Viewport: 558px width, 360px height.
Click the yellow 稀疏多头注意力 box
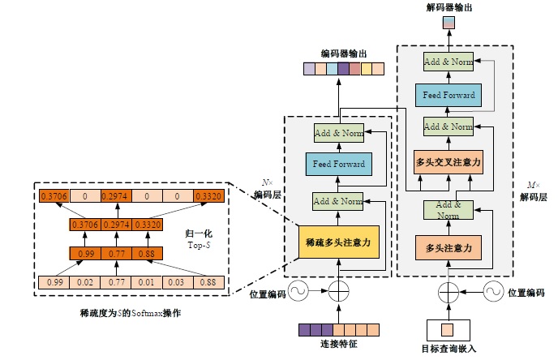(x=339, y=242)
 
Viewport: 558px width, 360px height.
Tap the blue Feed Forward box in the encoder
(x=339, y=165)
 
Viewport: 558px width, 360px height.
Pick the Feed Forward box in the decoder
(x=449, y=95)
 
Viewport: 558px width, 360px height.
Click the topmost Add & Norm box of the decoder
(x=449, y=62)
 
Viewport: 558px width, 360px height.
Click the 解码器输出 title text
(x=449, y=6)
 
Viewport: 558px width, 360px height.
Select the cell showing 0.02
(x=83, y=283)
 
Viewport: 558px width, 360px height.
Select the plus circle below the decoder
(x=449, y=290)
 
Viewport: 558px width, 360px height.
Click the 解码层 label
(x=538, y=196)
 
